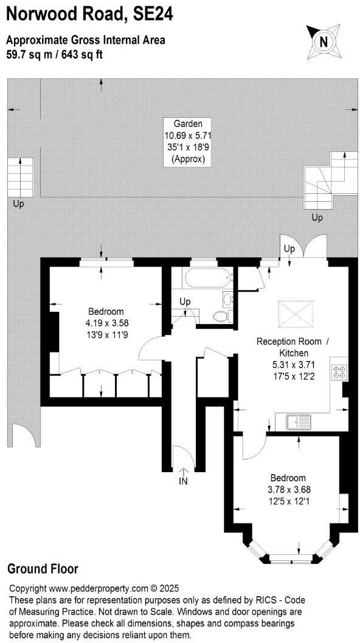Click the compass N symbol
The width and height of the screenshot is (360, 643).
(324, 41)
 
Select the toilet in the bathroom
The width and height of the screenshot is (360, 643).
(221, 315)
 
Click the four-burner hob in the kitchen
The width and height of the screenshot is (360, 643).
(337, 372)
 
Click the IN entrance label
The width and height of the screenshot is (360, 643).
(184, 481)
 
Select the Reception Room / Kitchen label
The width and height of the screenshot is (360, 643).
(294, 347)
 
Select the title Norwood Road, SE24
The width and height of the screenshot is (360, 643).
(89, 14)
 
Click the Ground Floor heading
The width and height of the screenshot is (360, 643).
(43, 569)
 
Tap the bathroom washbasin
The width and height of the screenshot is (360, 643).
(227, 298)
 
